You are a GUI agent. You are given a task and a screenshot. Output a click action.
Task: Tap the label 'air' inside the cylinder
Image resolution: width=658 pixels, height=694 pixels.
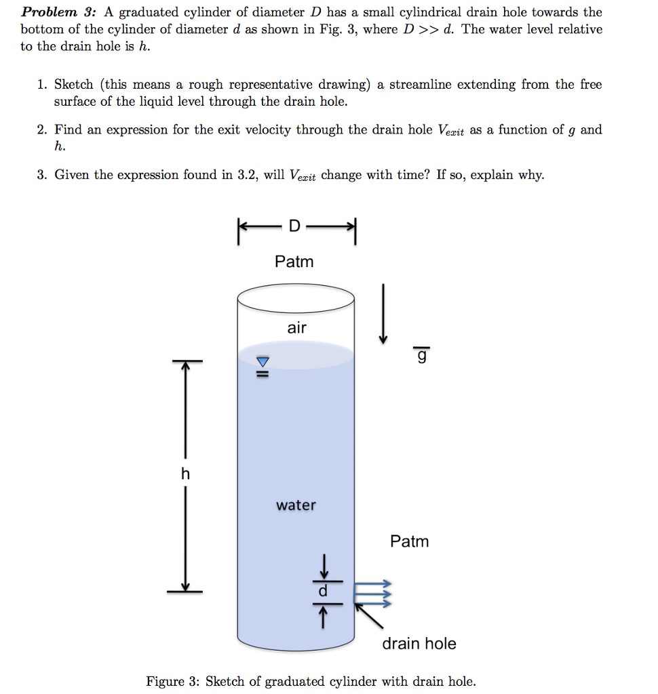[x=296, y=328]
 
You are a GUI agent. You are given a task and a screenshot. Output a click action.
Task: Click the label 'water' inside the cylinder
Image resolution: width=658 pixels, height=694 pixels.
[x=296, y=505]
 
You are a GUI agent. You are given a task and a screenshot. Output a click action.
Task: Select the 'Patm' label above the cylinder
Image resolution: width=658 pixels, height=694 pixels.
[x=294, y=262]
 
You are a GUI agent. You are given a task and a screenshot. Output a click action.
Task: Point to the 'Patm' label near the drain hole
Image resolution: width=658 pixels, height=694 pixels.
[x=410, y=542]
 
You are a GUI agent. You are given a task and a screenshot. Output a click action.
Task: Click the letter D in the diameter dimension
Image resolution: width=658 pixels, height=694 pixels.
[x=294, y=226]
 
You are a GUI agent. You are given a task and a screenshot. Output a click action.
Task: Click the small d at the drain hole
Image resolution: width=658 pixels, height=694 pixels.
[x=324, y=591]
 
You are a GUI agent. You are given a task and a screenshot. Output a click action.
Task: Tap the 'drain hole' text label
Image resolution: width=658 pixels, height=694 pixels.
[x=419, y=644]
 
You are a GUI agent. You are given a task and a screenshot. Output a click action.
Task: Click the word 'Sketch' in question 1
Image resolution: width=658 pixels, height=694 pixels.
[x=73, y=85]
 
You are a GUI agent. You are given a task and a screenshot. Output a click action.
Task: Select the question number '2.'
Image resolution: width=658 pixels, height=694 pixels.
[x=42, y=129]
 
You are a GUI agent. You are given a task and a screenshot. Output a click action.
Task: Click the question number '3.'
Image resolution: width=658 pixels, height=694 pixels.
[x=42, y=175]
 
